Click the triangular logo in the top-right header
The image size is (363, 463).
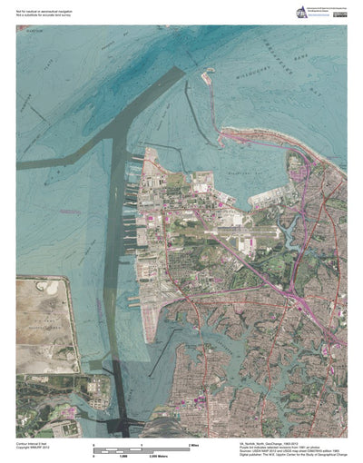(x=276, y=10)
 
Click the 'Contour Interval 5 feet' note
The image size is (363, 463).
(x=34, y=442)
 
